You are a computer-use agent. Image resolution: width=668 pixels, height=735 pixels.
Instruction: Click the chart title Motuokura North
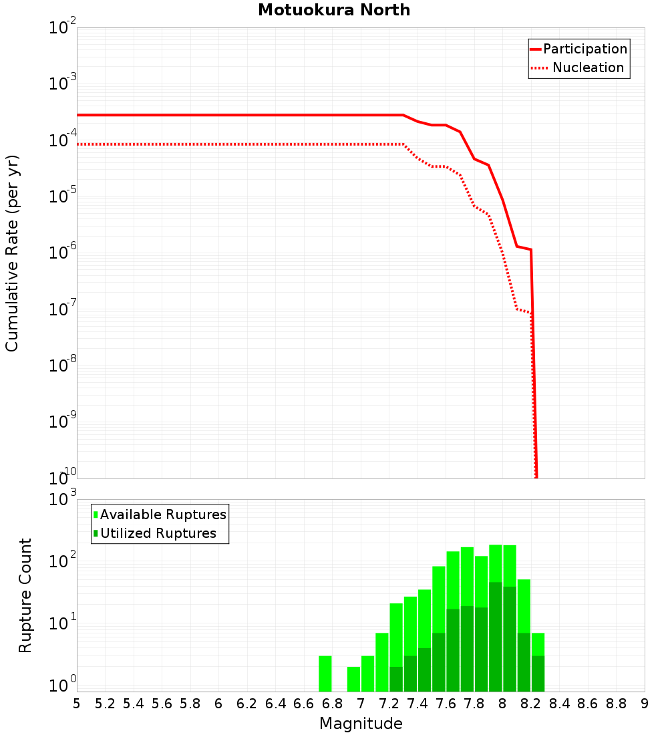[x=334, y=10]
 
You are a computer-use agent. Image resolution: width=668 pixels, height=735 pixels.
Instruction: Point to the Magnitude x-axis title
[x=361, y=724]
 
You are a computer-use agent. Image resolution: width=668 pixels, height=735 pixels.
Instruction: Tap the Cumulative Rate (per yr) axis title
[x=12, y=253]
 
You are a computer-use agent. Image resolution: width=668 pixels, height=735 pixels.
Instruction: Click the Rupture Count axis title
[x=25, y=595]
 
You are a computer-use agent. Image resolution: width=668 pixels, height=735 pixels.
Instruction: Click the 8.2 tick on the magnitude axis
[x=531, y=704]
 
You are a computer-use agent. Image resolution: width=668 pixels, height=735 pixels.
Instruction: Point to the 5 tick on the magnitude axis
[x=77, y=704]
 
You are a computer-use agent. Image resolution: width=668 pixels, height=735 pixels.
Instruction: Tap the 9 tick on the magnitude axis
[x=645, y=704]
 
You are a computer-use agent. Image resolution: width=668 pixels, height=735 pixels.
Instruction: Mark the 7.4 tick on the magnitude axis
[x=417, y=704]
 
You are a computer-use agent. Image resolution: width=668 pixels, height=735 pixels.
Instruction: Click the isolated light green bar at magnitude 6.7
[x=325, y=674]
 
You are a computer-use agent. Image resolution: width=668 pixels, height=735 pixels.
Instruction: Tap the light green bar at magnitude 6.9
[x=353, y=679]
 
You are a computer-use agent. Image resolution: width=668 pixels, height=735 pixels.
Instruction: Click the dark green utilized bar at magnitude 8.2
[x=538, y=674]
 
